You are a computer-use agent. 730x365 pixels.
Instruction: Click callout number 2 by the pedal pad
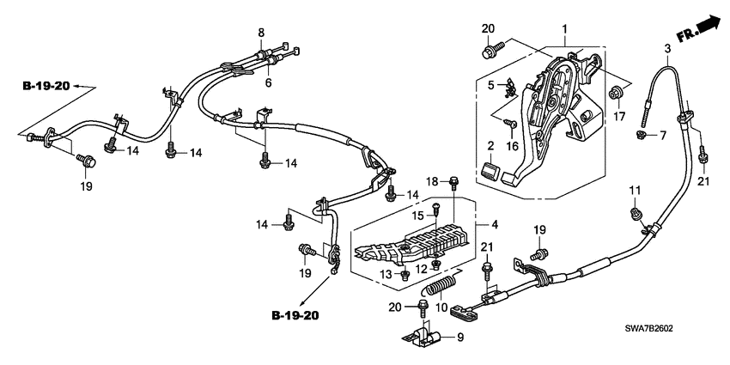[490, 145]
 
